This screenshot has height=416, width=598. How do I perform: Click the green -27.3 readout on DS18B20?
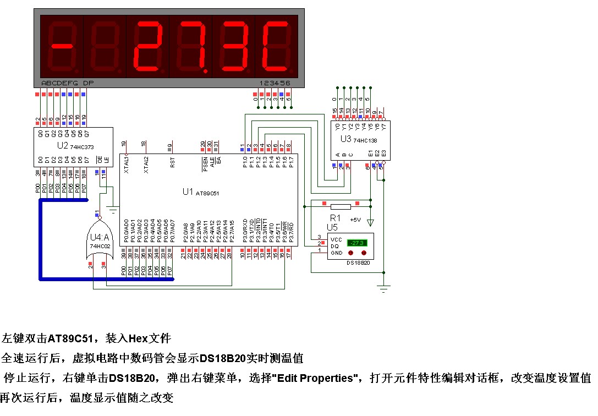356,243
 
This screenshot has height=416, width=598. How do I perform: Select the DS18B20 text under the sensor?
358,264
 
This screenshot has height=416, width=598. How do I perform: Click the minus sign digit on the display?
61,46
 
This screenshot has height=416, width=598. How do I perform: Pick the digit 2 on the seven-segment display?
147,46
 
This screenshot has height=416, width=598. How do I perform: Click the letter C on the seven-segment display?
276,46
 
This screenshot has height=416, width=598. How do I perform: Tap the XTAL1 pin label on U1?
126,165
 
